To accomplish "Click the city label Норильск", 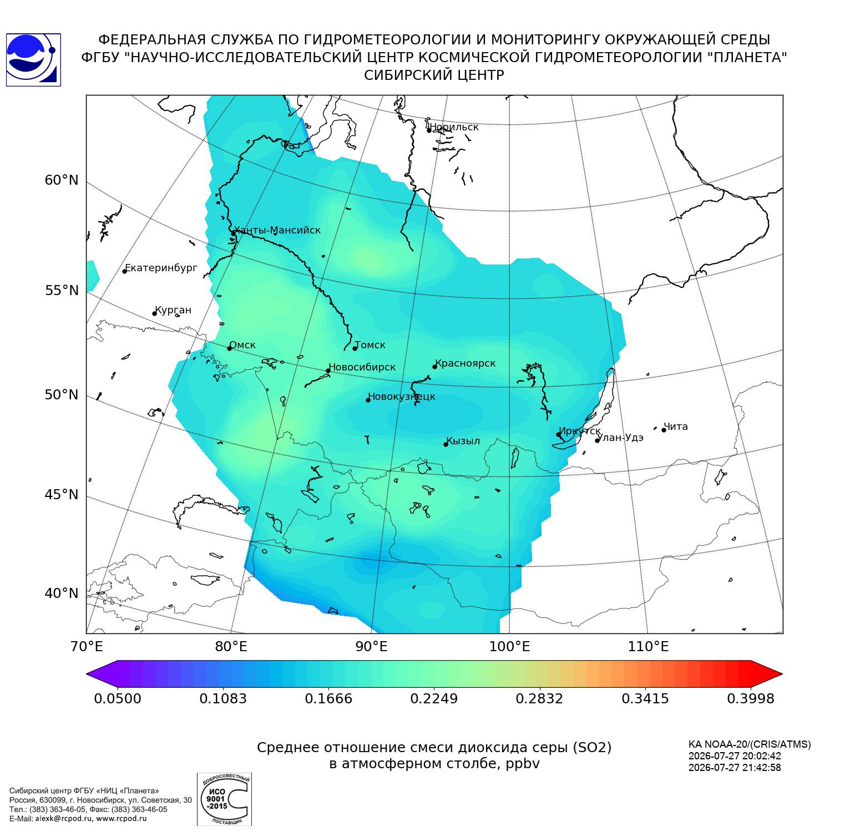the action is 454,127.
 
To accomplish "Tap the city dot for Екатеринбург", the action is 125,271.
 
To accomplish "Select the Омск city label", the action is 242,345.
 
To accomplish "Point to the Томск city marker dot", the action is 355,348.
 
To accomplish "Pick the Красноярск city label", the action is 465,363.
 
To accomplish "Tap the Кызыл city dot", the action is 446,444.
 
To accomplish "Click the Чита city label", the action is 676,427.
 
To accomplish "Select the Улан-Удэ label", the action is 620,438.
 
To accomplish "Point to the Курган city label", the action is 173,310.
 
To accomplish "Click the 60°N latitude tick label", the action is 62,180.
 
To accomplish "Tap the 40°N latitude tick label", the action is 62,593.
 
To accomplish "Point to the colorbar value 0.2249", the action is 434,698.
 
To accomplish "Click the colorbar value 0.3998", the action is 751,698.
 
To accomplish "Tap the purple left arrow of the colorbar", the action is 102,674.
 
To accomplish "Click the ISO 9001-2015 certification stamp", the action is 224,799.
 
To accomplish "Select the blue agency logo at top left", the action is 33,60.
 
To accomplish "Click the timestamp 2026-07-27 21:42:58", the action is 735,768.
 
